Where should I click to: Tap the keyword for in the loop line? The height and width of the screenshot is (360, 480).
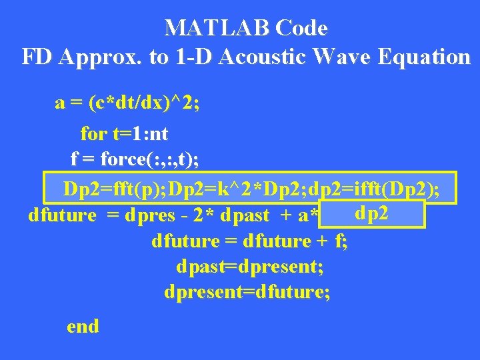(93, 134)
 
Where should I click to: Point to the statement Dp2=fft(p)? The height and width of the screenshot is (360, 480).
(115, 189)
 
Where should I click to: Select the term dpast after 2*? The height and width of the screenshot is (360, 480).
(245, 216)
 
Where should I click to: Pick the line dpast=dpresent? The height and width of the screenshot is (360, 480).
(250, 267)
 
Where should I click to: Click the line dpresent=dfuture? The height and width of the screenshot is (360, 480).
(247, 293)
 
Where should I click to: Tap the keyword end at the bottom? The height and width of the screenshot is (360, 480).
(83, 326)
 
